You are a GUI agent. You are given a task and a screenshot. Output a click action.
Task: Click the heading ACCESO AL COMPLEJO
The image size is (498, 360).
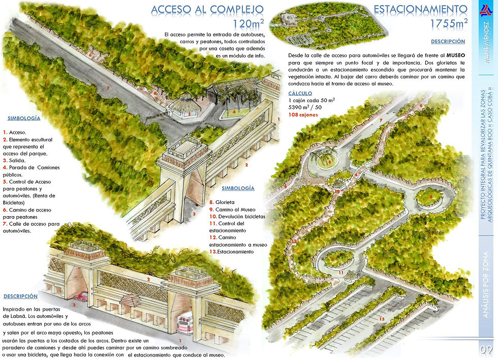[207, 10]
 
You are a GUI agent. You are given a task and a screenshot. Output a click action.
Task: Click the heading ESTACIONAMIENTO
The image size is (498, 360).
[420, 10]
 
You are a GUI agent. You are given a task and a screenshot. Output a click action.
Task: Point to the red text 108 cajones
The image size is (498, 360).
[303, 115]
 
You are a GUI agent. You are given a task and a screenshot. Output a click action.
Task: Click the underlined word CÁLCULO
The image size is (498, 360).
[300, 94]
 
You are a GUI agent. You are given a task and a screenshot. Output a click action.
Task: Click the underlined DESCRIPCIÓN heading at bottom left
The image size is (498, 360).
[20, 296]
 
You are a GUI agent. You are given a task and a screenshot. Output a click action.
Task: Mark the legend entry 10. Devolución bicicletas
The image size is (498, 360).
[237, 216]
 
